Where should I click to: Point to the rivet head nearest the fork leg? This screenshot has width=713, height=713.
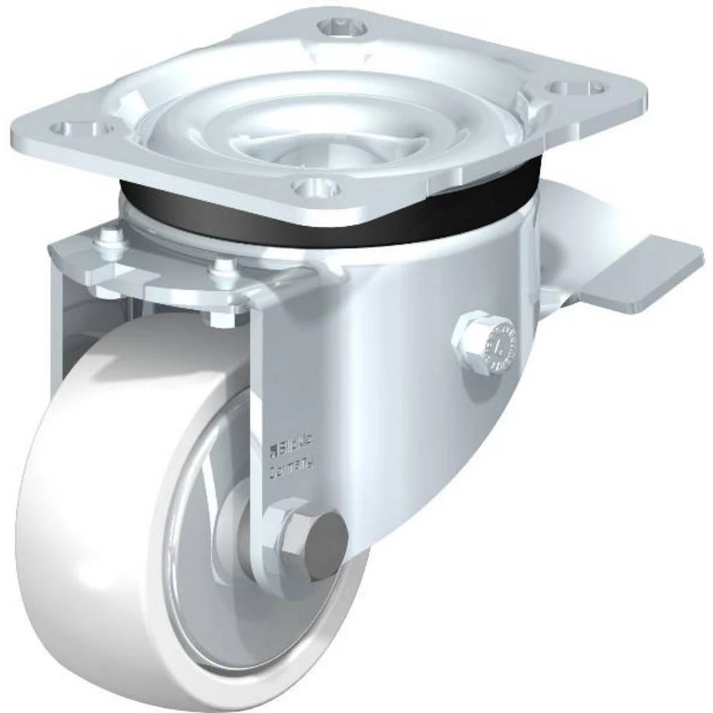click(224, 267)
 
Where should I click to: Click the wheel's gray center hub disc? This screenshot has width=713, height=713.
click(207, 542)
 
